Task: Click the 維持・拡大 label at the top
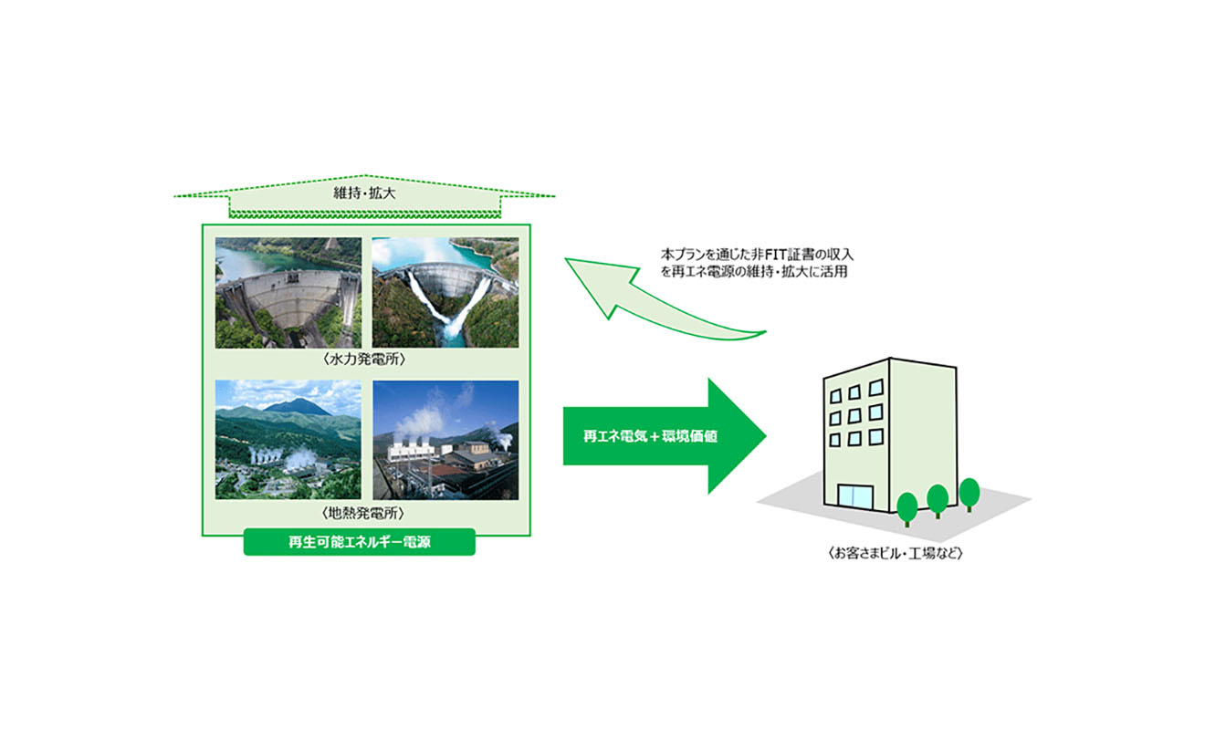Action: pos(364,194)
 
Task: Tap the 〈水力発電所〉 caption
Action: pos(364,360)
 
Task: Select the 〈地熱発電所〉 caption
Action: pos(364,513)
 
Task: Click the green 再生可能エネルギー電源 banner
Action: pos(359,543)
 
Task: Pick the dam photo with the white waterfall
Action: pos(445,292)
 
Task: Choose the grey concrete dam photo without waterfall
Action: pos(288,292)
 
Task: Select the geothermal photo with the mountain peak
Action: pos(288,440)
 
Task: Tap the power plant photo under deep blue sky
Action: pos(445,440)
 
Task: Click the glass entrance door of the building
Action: pos(855,498)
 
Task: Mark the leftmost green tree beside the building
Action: pos(907,506)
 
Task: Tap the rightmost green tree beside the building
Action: pos(969,493)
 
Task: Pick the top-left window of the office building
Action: pos(833,395)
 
